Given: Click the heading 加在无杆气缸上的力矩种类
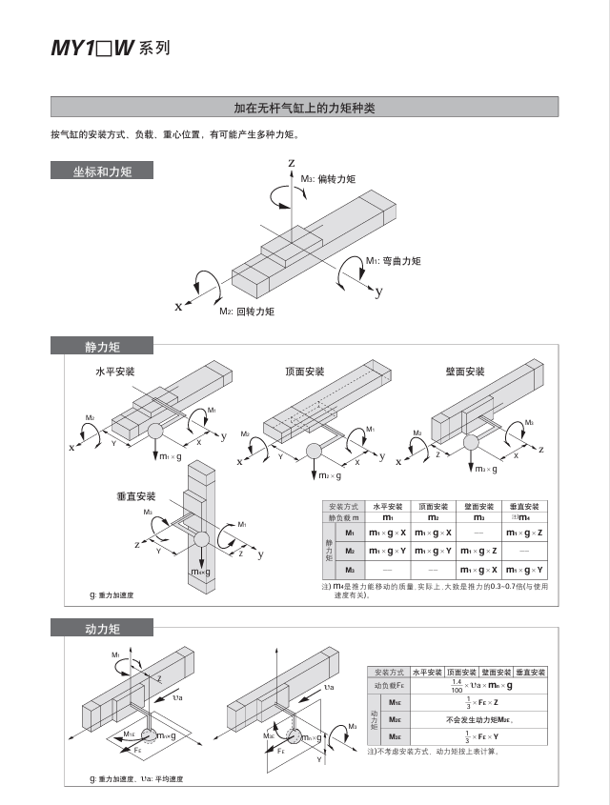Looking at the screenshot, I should coord(304,108).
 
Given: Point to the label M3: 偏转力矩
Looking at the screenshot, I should coord(328,179).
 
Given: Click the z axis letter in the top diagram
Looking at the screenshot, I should coord(292,164).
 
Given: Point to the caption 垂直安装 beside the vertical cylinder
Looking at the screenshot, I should coord(124,496).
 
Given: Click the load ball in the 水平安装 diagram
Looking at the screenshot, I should coord(154,431).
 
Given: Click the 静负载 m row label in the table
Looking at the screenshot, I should coord(343,517).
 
